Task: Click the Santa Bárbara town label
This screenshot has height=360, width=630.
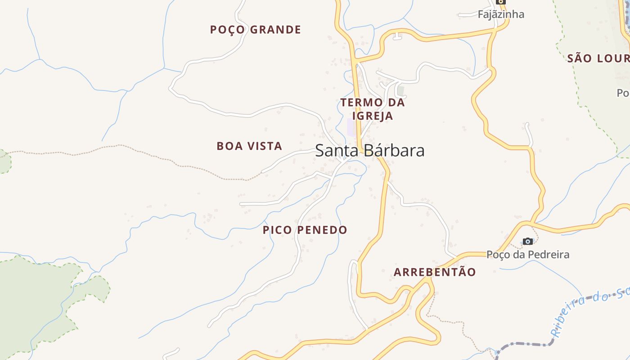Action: point(369,151)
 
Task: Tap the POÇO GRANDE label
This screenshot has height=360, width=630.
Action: point(255,30)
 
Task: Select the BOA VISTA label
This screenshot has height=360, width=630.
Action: point(249,146)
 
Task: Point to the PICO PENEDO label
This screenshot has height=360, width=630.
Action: point(305,230)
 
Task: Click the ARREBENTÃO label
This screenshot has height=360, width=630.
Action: point(434,272)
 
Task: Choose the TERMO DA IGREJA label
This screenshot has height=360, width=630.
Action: point(373,109)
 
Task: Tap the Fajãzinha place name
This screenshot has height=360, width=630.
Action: point(501,14)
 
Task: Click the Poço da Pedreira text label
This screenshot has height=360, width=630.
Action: point(528,255)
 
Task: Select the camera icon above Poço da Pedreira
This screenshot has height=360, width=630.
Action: point(528,242)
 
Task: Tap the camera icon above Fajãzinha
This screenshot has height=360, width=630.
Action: point(501,2)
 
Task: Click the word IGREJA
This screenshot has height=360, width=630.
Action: point(373,116)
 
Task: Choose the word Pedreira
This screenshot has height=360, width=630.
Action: point(549,255)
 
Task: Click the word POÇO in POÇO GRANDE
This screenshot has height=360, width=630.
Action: point(228,30)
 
